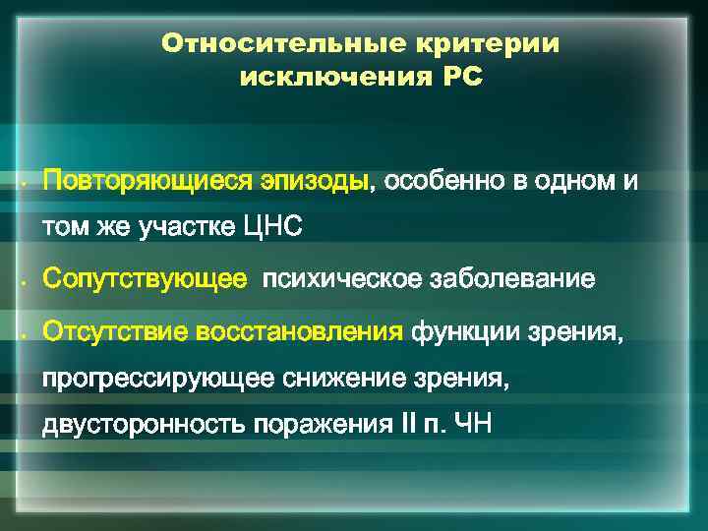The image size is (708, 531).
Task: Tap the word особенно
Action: pyautogui.click(x=440, y=183)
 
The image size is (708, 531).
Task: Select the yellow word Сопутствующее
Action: pyautogui.click(x=145, y=280)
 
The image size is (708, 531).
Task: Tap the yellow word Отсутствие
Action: pyautogui.click(x=117, y=329)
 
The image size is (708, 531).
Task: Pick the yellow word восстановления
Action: pyautogui.click(x=301, y=329)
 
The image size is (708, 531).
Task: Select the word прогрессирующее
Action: pyautogui.click(x=159, y=378)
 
